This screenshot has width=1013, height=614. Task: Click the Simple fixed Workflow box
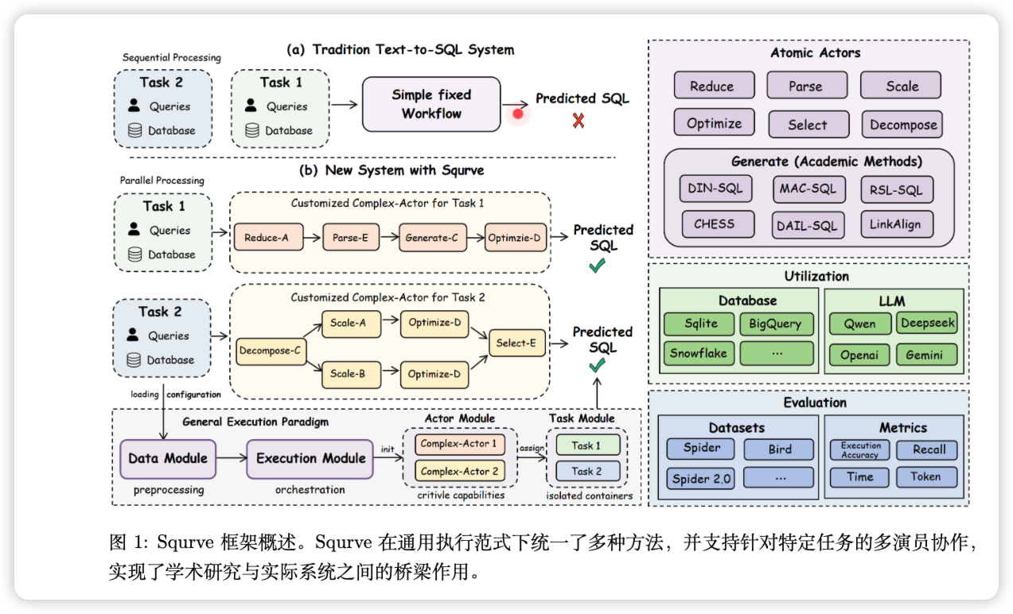click(431, 104)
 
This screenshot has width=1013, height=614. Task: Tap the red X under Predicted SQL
click(579, 121)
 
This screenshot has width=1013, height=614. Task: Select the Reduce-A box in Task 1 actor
click(267, 237)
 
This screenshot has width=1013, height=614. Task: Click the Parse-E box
click(351, 237)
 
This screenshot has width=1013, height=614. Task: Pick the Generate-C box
click(432, 237)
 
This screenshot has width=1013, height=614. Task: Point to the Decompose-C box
click(271, 350)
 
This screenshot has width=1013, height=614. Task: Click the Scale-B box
click(349, 374)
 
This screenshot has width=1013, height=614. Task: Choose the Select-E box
click(516, 344)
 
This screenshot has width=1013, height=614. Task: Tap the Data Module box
click(168, 458)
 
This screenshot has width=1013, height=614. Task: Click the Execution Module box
click(310, 458)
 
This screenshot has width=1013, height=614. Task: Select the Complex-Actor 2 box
click(459, 472)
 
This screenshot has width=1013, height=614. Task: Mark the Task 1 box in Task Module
click(586, 445)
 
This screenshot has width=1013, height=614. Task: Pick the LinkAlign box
click(897, 224)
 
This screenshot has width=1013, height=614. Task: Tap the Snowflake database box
click(699, 353)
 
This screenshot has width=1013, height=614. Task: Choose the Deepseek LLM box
click(928, 323)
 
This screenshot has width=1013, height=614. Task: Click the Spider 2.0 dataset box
click(701, 478)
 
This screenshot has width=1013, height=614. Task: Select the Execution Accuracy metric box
click(860, 450)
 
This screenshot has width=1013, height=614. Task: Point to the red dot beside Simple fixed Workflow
click(518, 114)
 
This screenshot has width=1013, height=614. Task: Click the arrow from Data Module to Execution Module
click(232, 458)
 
